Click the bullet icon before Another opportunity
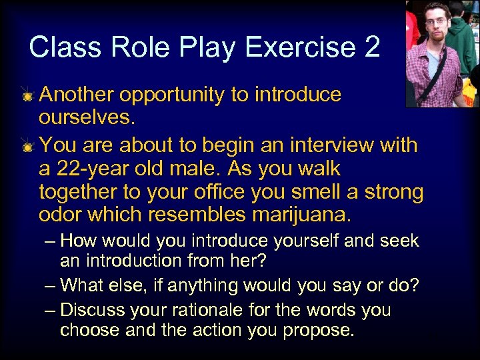[x=27, y=97]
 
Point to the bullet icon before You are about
[x=27, y=147]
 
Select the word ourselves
[x=85, y=120]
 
